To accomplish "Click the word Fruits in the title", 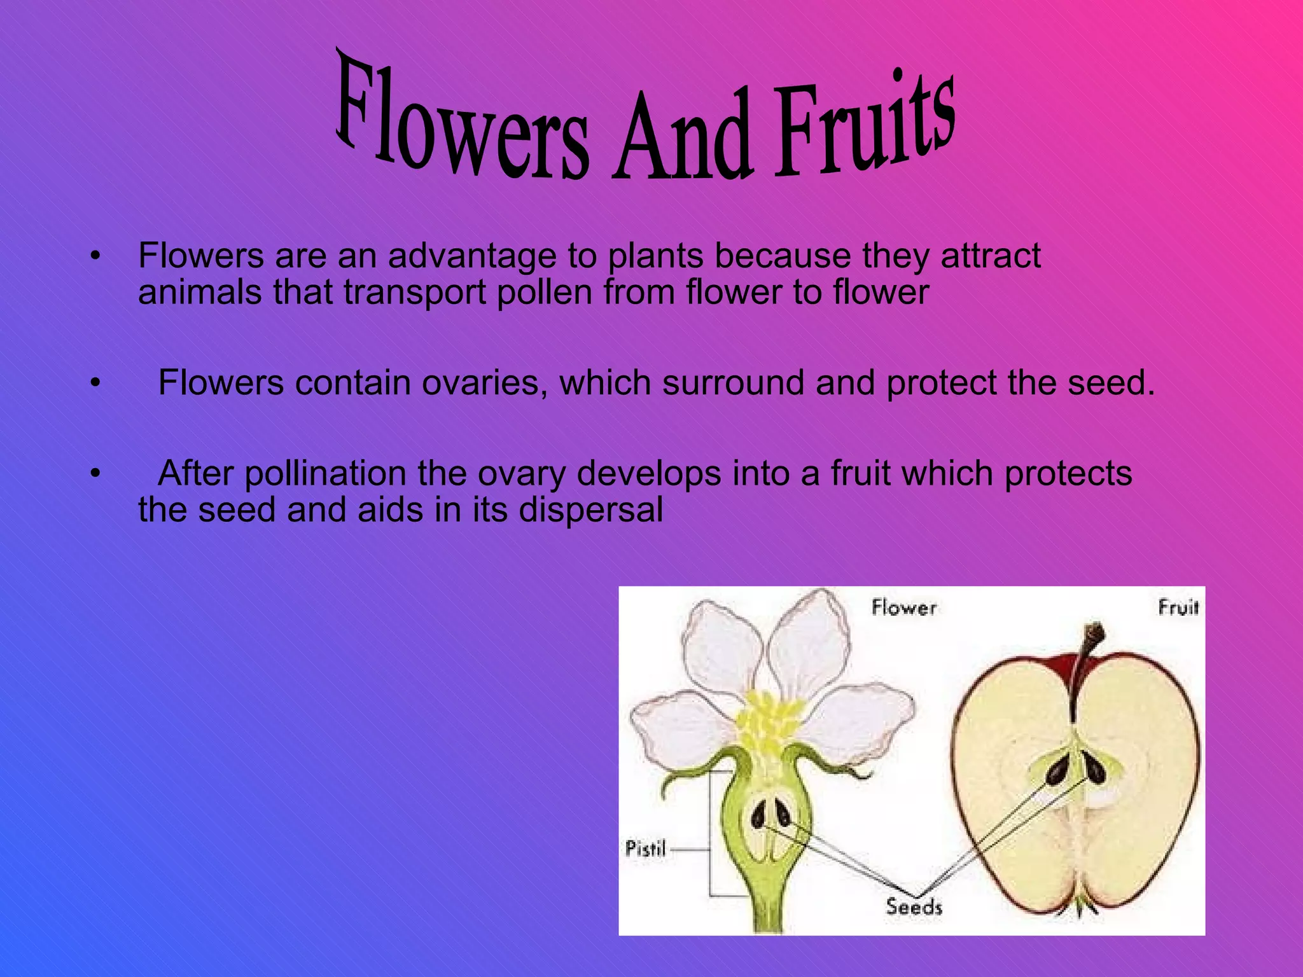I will point(865,124).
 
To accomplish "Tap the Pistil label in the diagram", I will point(645,849).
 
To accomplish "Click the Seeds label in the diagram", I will point(914,906).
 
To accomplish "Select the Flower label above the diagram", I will point(903,607).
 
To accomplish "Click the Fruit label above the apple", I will point(1178,607).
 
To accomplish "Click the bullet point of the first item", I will point(95,257).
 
